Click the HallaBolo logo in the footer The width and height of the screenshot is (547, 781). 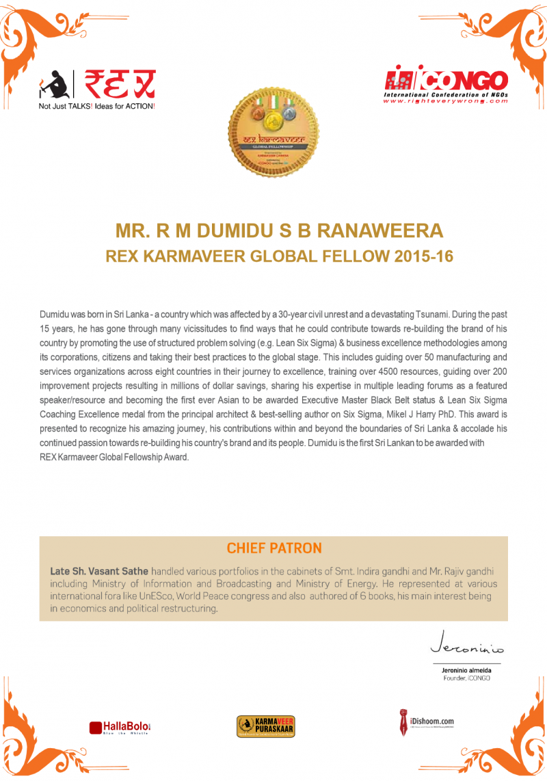(x=119, y=726)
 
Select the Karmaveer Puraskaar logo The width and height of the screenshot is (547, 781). (x=265, y=726)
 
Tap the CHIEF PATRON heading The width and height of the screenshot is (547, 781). (x=273, y=548)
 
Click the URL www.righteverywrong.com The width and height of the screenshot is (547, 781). (x=445, y=101)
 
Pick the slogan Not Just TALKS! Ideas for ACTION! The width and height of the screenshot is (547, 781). (x=97, y=107)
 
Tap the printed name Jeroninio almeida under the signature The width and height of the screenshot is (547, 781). (x=466, y=671)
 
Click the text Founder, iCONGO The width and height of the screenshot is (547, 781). (x=466, y=678)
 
